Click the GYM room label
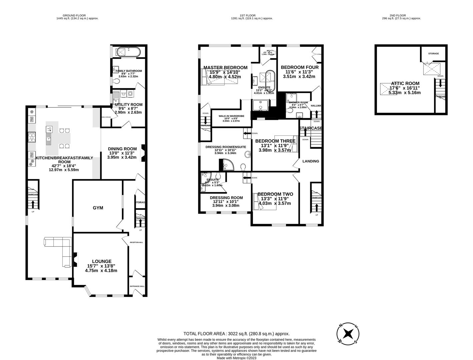coord(98,208)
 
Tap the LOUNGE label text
coord(102,261)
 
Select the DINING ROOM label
coord(122,149)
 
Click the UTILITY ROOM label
coord(128,104)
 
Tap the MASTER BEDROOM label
coord(225,67)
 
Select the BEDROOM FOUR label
coord(299,67)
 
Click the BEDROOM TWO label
coord(275,194)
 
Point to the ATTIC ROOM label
coord(405,83)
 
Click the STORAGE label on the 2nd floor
coord(433,53)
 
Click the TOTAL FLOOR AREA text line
coord(236,333)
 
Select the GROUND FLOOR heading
coord(74,15)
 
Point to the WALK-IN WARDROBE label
coord(231,116)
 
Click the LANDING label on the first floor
coord(311,161)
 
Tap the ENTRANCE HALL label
coord(137,286)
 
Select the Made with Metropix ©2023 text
coord(236,358)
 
